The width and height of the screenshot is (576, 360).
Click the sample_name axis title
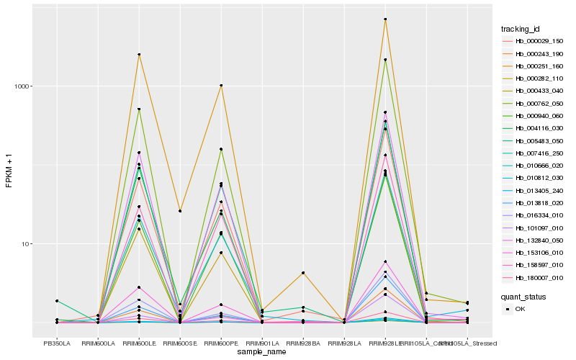261,352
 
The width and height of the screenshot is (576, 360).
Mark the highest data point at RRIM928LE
385,19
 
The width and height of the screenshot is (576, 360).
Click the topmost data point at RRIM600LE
139,55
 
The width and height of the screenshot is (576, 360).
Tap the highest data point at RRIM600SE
180,211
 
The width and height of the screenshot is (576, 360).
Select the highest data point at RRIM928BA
303,273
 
